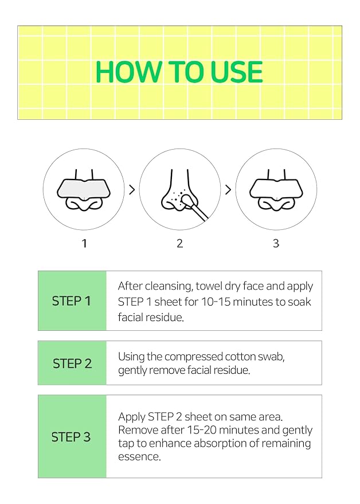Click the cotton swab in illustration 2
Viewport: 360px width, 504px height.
tap(197, 209)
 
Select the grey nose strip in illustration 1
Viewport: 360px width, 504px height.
tap(84, 187)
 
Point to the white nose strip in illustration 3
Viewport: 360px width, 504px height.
tap(276, 187)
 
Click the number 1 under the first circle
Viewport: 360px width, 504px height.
tap(84, 244)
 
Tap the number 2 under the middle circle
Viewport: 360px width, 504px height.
tap(179, 244)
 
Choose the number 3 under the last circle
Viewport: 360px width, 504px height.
tap(276, 244)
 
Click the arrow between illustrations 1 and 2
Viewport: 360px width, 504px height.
tap(131, 190)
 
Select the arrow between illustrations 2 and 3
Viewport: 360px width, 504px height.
tap(228, 190)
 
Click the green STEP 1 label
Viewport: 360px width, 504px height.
tap(72, 301)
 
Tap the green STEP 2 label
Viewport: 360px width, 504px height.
tap(72, 364)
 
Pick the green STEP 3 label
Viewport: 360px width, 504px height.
tap(71, 437)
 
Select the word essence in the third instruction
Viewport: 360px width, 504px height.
tap(139, 457)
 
